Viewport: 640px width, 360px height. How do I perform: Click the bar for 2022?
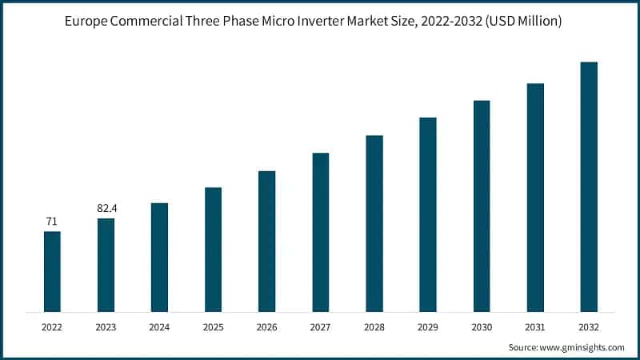pyautogui.click(x=52, y=271)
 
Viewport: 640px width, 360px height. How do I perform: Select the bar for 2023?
pyautogui.click(x=106, y=265)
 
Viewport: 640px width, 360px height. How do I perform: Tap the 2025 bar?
pyautogui.click(x=213, y=250)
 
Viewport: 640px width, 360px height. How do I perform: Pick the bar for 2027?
pyautogui.click(x=320, y=232)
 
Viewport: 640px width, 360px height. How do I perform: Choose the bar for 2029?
pyautogui.click(x=428, y=214)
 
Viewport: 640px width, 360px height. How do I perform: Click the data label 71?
pyautogui.click(x=52, y=221)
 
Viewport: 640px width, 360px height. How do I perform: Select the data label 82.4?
pyautogui.click(x=106, y=208)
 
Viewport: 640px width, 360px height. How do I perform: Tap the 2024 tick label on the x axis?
pyautogui.click(x=159, y=327)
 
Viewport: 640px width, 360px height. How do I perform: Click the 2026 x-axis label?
pyautogui.click(x=266, y=327)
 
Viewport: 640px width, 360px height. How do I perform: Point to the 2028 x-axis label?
pyautogui.click(x=374, y=327)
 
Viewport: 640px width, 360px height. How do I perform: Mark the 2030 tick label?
pyautogui.click(x=482, y=327)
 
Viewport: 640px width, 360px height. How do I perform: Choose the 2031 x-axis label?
pyautogui.click(x=535, y=327)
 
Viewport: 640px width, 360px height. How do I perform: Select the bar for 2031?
pyautogui.click(x=535, y=197)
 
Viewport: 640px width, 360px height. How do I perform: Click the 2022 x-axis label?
pyautogui.click(x=52, y=327)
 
